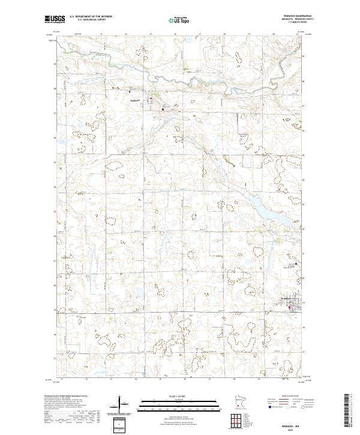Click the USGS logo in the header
coord(55,19)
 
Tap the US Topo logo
coord(181,20)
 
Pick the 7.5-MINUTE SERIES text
coord(292,23)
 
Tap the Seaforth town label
coord(134,100)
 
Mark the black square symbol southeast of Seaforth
coord(162,109)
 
